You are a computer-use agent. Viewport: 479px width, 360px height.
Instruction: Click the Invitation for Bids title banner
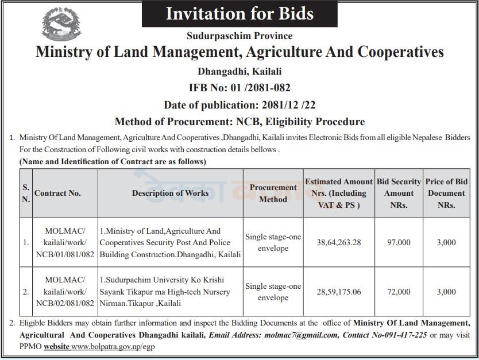pyautogui.click(x=239, y=14)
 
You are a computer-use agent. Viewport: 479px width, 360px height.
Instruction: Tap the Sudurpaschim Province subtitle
pyautogui.click(x=239, y=36)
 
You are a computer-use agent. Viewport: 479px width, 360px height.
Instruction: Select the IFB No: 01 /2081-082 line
pyautogui.click(x=239, y=88)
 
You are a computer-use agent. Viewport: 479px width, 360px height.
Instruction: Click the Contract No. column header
pyautogui.click(x=57, y=193)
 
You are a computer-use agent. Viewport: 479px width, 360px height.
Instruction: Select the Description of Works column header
pyautogui.click(x=170, y=193)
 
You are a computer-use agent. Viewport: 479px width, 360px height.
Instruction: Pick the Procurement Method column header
pyautogui.click(x=273, y=193)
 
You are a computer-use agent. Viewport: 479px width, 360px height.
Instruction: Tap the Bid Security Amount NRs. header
pyautogui.click(x=399, y=193)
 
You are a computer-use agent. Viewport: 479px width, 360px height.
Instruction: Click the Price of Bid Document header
pyautogui.click(x=446, y=193)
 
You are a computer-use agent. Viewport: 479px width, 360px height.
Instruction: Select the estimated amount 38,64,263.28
pyautogui.click(x=339, y=242)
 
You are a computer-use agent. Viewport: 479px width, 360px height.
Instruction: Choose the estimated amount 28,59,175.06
pyautogui.click(x=339, y=292)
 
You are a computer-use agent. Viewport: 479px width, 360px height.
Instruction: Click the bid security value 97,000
pyautogui.click(x=399, y=242)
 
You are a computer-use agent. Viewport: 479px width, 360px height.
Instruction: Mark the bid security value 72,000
pyautogui.click(x=399, y=292)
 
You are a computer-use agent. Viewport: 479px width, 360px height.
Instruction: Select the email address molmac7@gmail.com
pyautogui.click(x=293, y=334)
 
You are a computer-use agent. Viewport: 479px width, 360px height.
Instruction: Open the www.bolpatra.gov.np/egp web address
pyautogui.click(x=113, y=347)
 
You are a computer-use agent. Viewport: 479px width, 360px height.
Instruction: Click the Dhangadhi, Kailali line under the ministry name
pyautogui.click(x=239, y=71)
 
